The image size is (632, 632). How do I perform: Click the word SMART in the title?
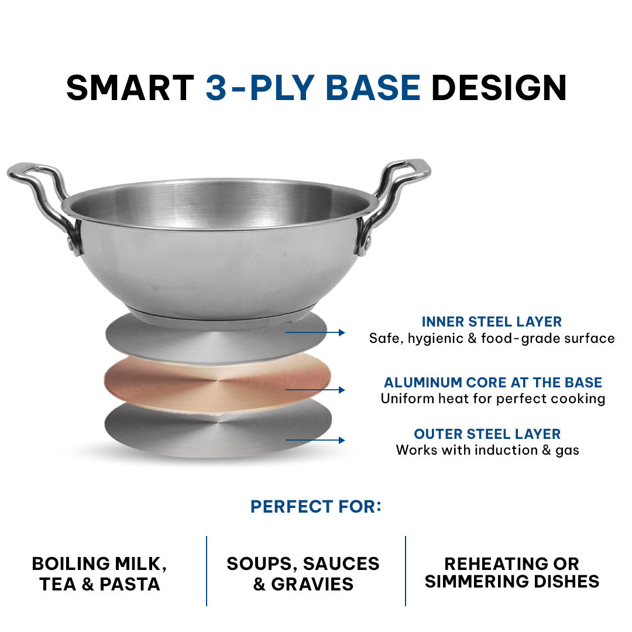click(x=130, y=87)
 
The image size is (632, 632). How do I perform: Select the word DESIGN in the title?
click(x=499, y=87)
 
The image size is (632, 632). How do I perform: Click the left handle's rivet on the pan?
click(x=71, y=243)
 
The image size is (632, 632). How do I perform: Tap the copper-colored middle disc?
click(x=218, y=382)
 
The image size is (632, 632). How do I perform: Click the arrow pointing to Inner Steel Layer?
click(x=315, y=332)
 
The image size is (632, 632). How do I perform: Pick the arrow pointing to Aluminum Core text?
click(x=315, y=390)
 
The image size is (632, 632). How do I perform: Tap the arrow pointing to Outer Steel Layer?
click(x=315, y=440)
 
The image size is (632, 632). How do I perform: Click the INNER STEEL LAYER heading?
click(x=492, y=322)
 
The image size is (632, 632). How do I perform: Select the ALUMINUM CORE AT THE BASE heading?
click(x=493, y=382)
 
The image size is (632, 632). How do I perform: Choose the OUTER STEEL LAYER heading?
click(x=487, y=434)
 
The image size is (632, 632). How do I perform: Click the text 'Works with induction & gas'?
click(x=487, y=450)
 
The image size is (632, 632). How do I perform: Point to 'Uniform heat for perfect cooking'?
click(x=493, y=399)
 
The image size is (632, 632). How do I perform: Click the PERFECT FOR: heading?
click(x=316, y=507)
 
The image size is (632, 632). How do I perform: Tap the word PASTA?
click(x=130, y=585)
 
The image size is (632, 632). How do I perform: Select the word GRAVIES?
click(x=312, y=585)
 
